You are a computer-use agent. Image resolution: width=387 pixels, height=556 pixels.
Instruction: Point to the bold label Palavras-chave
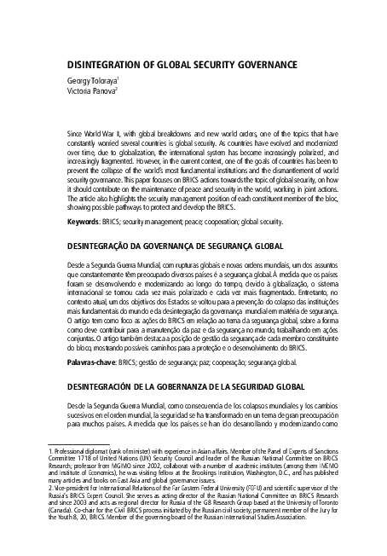tap(90, 362)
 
